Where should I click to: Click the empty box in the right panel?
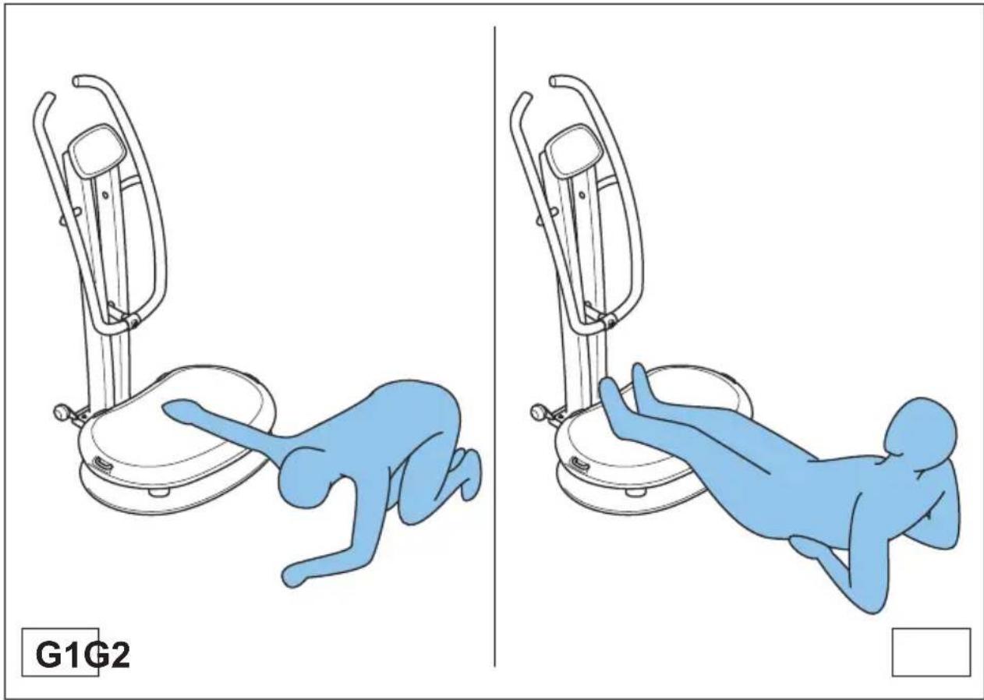click(931, 652)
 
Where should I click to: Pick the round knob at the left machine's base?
click(59, 411)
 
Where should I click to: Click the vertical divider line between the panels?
click(495, 351)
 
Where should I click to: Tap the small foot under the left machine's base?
click(161, 494)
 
